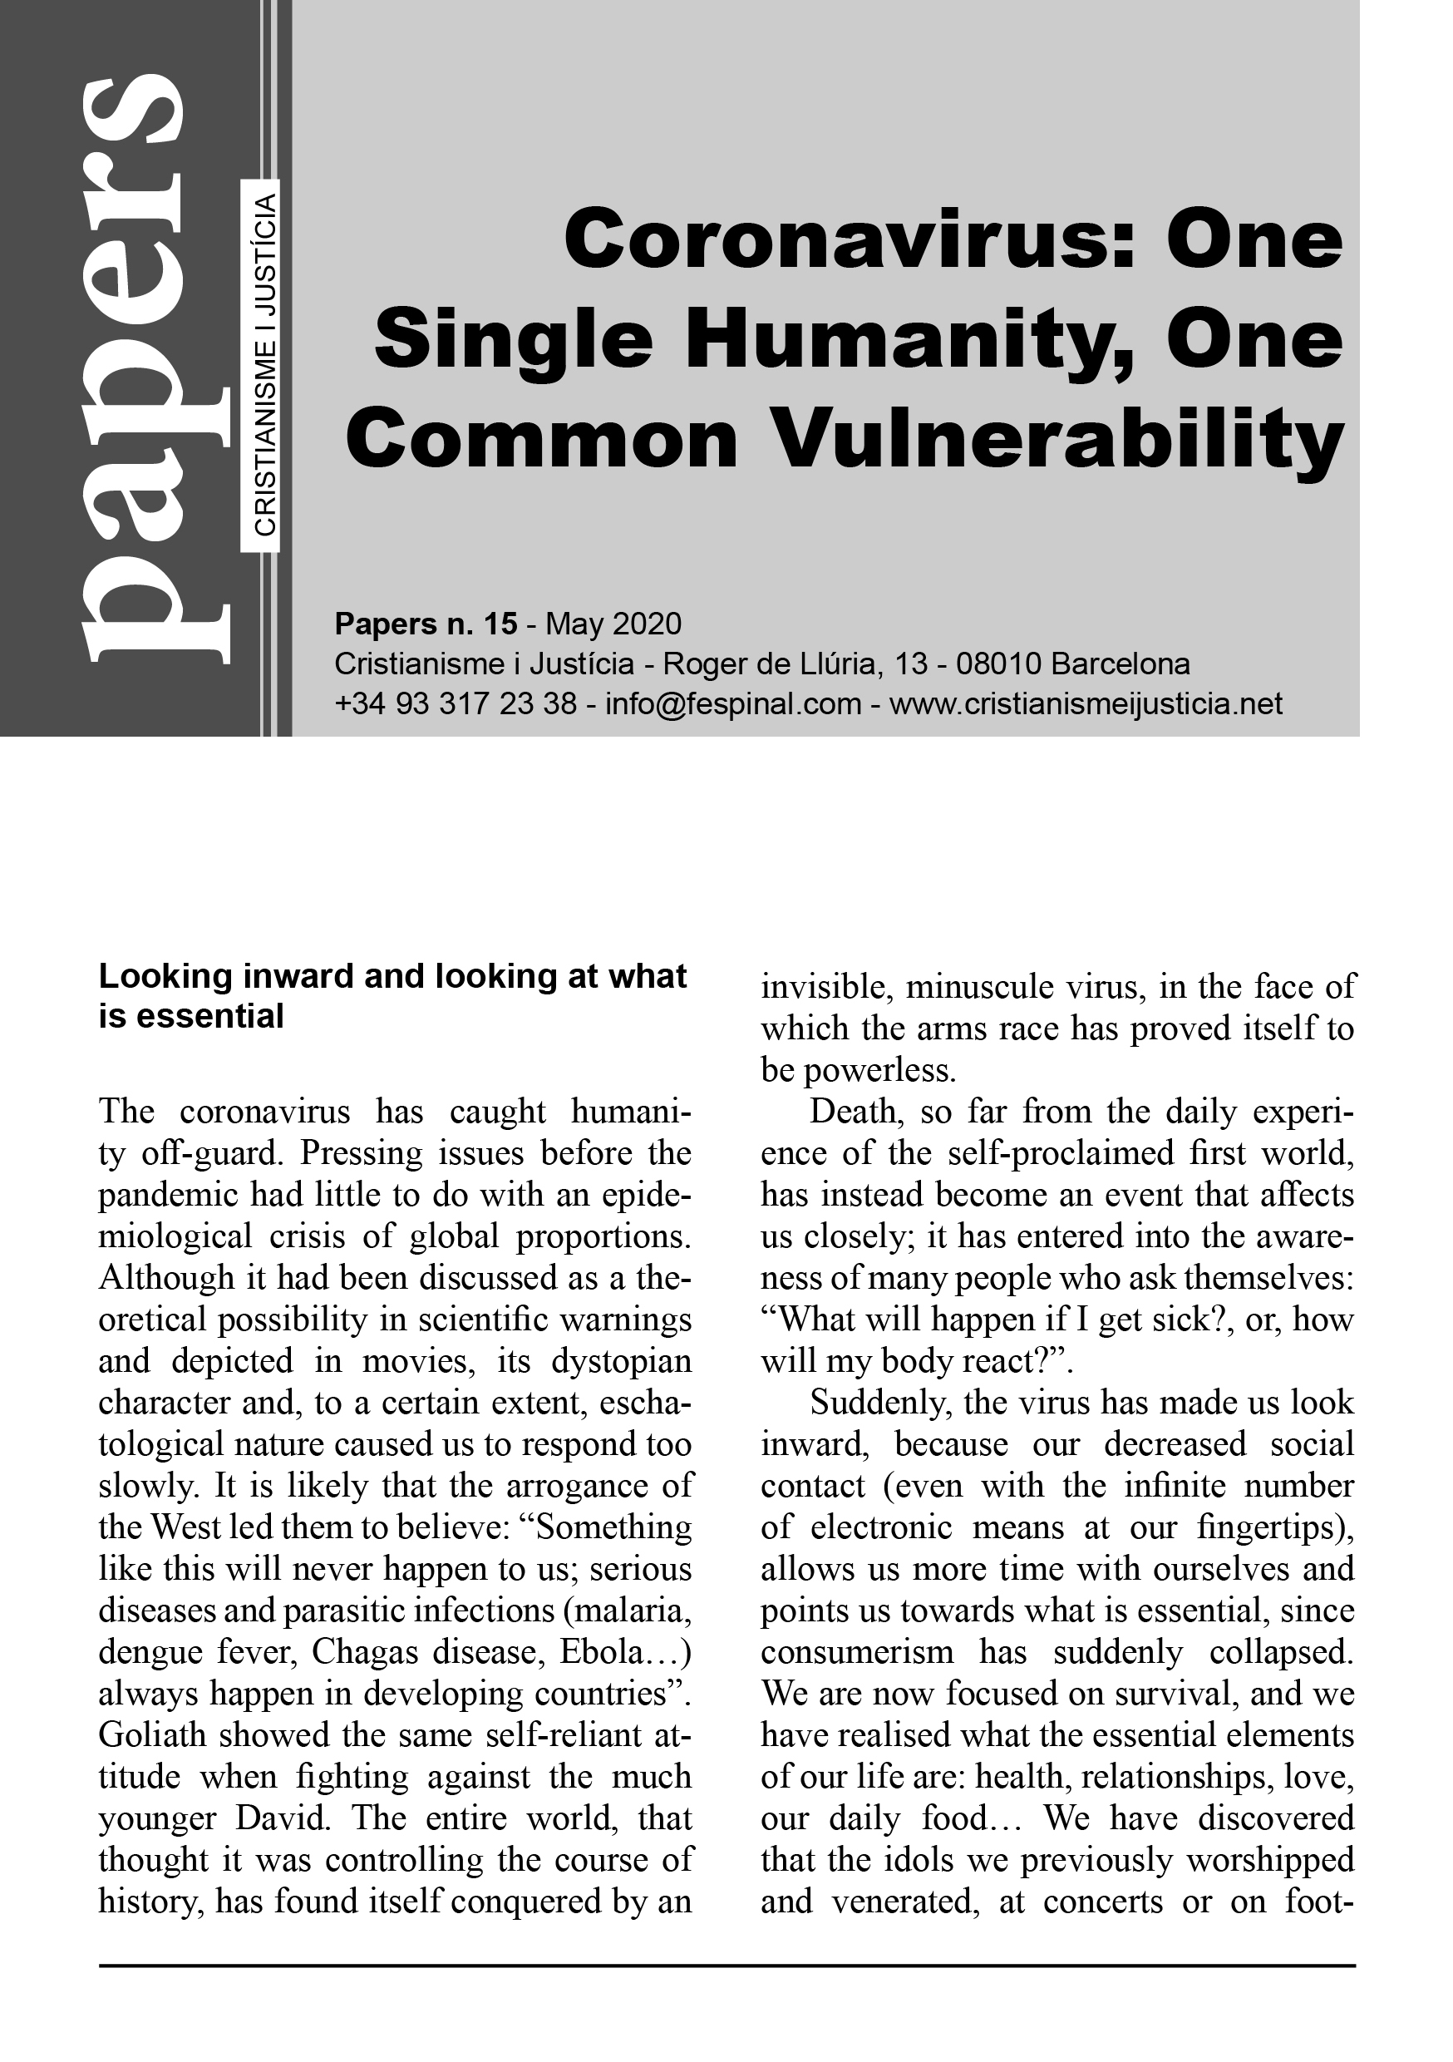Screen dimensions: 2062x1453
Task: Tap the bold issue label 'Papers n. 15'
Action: coord(426,624)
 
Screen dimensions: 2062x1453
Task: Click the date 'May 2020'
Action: coord(613,624)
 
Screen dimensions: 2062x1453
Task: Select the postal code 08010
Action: coord(998,664)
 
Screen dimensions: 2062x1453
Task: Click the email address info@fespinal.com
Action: coord(734,704)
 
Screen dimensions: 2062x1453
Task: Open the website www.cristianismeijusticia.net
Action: coord(1086,704)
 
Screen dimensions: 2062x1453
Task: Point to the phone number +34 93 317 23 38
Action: coord(456,704)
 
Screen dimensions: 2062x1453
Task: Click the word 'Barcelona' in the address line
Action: coord(1121,664)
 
